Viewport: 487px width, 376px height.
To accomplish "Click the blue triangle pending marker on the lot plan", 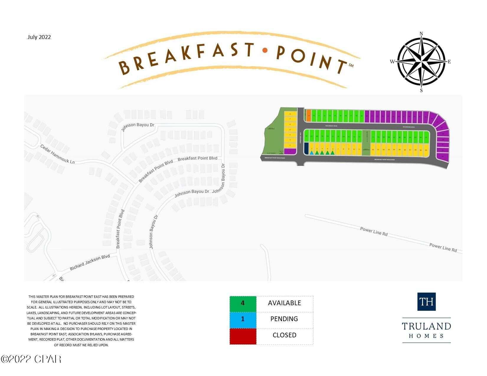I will click(312, 152).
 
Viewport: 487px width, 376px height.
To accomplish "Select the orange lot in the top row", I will click(309, 116).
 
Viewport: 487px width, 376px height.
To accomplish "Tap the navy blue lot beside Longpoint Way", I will click(306, 148).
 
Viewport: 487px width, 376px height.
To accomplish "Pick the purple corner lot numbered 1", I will click(290, 151).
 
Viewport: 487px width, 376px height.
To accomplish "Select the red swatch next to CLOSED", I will click(243, 336).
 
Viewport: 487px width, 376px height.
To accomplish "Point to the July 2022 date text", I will click(39, 37).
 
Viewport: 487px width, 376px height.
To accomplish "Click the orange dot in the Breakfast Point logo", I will click(265, 50).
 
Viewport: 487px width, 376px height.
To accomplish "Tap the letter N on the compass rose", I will click(421, 34).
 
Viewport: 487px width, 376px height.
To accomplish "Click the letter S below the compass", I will click(421, 90).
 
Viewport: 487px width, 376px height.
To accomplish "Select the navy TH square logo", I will click(426, 301).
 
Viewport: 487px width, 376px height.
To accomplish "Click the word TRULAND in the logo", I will click(426, 326).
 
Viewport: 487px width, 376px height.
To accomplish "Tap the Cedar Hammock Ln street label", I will click(58, 154).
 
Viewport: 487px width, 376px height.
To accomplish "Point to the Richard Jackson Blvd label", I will click(90, 262).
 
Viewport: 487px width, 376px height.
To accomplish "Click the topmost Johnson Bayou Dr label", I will click(138, 127).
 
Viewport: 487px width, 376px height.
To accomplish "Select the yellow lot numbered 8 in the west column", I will click(290, 114).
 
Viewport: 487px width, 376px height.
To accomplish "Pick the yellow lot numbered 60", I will click(426, 150).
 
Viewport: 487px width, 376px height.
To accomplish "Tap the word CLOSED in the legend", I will click(284, 335).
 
